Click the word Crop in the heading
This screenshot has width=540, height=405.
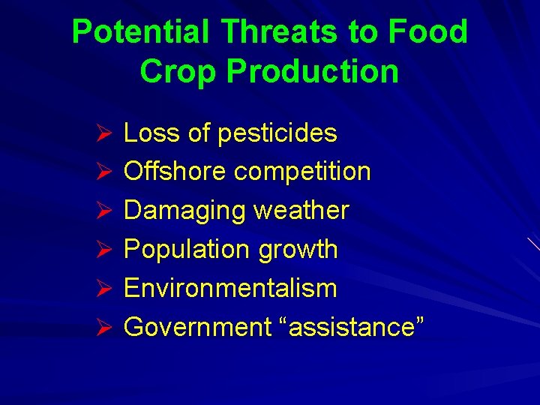click(x=178, y=71)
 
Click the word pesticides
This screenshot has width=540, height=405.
click(x=277, y=133)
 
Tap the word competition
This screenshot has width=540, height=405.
click(x=302, y=172)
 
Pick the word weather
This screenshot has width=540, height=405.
click(x=301, y=211)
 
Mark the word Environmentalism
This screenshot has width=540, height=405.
click(x=230, y=288)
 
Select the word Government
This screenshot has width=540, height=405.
click(x=197, y=327)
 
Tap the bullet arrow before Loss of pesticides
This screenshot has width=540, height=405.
click(x=104, y=133)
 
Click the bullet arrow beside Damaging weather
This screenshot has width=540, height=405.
click(x=104, y=211)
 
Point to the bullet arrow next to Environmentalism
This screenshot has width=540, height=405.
click(x=104, y=289)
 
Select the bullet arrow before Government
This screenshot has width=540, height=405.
click(x=104, y=328)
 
